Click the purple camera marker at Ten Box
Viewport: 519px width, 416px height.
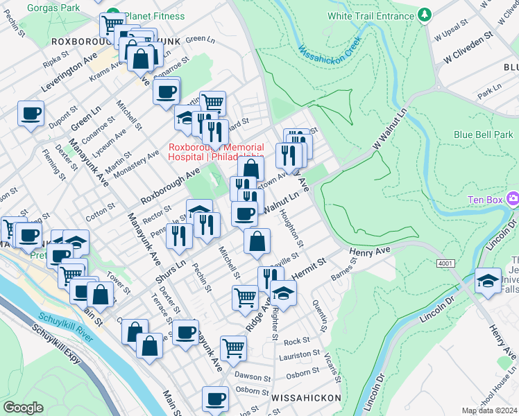(513, 199)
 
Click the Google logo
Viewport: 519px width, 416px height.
(23, 408)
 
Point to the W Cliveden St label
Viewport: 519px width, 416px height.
(463, 44)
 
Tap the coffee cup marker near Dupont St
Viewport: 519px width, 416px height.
(31, 114)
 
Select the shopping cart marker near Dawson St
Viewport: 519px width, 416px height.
(233, 347)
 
